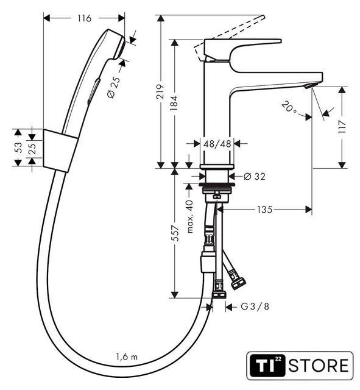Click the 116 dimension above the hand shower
85,18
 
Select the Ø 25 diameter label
114,87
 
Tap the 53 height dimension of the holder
19,147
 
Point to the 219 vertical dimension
160,91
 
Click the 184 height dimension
174,103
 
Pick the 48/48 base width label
217,144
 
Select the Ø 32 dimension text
255,176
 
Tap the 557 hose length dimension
175,233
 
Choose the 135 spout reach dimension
265,210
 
